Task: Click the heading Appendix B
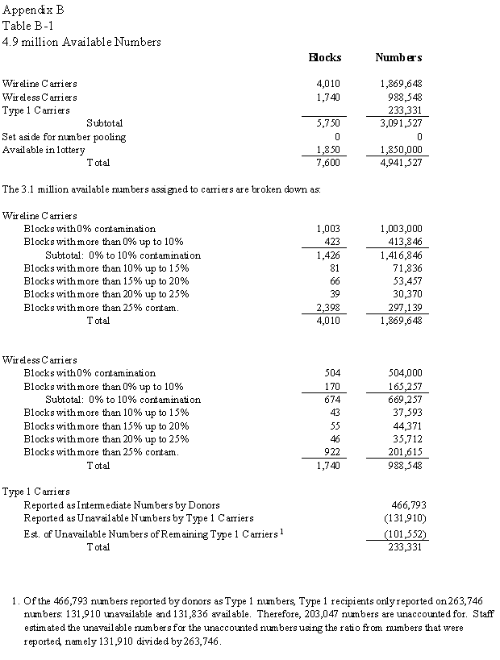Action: click(33, 10)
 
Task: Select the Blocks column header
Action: click(325, 57)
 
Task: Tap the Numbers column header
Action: click(398, 57)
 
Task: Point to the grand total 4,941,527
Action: click(401, 162)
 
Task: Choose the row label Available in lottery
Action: click(44, 149)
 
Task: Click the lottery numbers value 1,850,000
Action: click(401, 149)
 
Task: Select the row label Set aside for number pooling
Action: click(64, 136)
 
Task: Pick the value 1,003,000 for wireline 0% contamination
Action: click(401, 229)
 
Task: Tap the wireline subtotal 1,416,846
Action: click(401, 255)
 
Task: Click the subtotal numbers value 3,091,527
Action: click(401, 123)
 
